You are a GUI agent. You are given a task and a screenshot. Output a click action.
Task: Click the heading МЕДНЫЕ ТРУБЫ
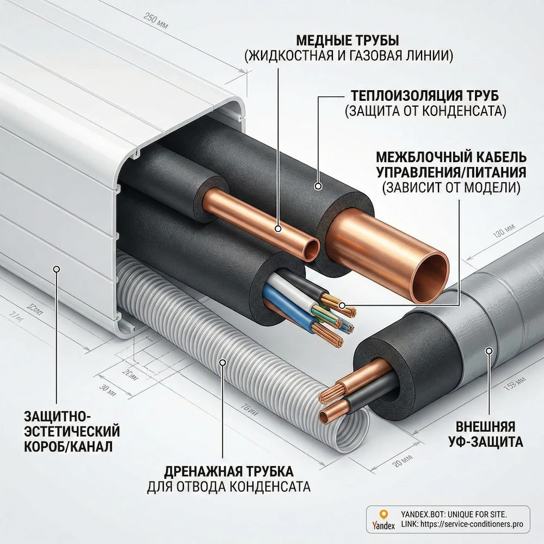tap(348, 41)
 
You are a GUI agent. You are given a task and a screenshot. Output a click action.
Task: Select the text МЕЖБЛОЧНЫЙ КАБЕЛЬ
tap(451, 158)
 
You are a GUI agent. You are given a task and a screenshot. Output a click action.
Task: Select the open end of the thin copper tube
tap(312, 250)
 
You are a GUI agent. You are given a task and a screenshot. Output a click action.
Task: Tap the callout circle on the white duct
tap(57, 268)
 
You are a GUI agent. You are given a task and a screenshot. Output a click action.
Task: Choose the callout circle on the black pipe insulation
tap(318, 187)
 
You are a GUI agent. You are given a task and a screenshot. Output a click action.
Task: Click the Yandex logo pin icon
tap(384, 514)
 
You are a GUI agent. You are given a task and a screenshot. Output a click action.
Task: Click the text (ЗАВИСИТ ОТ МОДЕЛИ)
tap(451, 188)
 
